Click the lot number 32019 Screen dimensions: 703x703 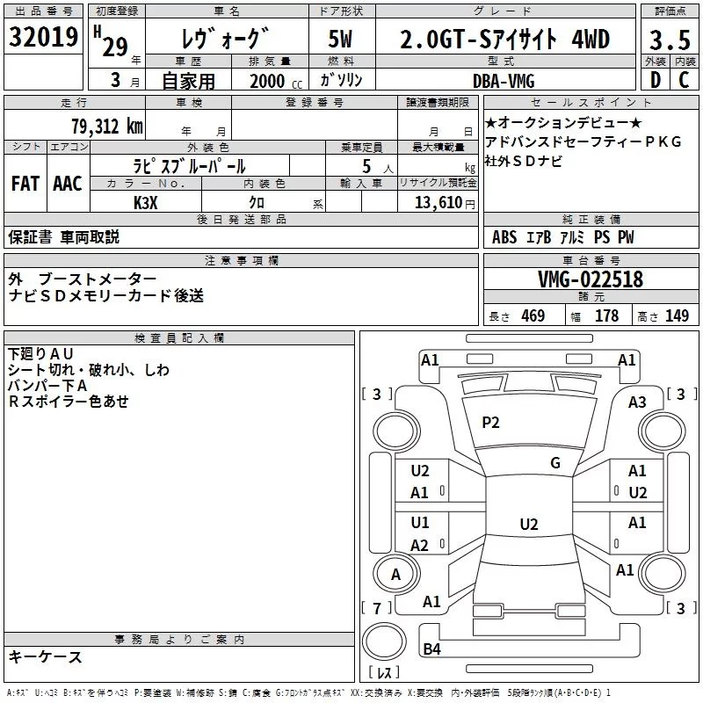pos(43,38)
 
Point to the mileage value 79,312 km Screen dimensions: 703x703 pos(106,126)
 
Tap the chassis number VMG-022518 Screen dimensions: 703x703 pos(591,279)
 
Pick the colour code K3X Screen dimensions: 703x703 pos(146,201)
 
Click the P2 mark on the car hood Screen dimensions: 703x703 pos(490,423)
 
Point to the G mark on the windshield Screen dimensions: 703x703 pos(555,463)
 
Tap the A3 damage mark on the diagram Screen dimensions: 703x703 pos(637,402)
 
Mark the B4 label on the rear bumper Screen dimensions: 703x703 pos(431,649)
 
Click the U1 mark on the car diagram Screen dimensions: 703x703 pos(420,523)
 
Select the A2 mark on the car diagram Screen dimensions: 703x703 pos(420,546)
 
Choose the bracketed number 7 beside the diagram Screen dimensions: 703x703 pos(377,608)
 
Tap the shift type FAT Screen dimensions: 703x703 pos(25,184)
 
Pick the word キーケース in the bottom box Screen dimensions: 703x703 pos(45,657)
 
